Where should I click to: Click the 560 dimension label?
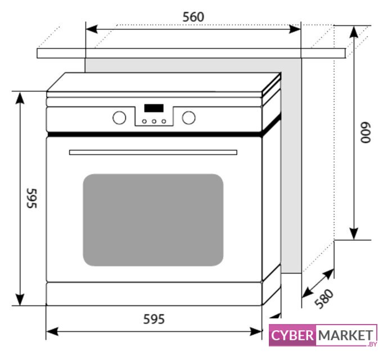(x=193, y=17)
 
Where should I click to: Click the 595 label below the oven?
(x=153, y=319)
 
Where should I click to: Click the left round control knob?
(x=119, y=118)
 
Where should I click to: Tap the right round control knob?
(x=188, y=118)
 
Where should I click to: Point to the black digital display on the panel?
(x=154, y=107)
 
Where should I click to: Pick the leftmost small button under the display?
(x=144, y=120)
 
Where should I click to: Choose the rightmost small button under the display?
(x=163, y=120)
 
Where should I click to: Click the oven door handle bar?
(x=153, y=152)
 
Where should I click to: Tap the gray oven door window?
(x=153, y=219)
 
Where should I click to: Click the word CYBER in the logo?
(x=292, y=336)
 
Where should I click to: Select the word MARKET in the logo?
(x=345, y=336)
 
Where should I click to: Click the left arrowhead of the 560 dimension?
(x=90, y=28)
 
